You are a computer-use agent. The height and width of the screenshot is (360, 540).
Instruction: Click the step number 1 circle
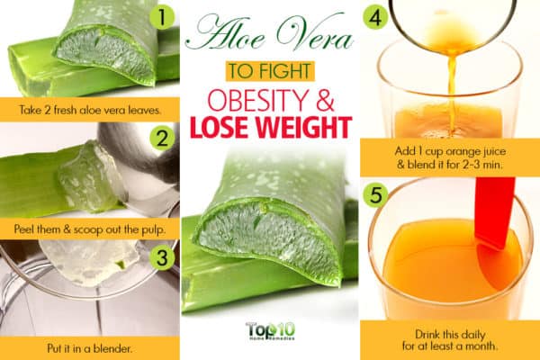[x=162, y=18]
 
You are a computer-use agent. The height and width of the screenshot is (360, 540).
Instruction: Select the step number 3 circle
[x=162, y=257]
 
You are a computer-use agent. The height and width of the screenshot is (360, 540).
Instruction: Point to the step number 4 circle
[x=375, y=18]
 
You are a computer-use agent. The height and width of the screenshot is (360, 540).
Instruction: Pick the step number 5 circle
[x=375, y=195]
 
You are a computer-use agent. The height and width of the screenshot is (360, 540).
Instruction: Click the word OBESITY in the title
[x=256, y=100]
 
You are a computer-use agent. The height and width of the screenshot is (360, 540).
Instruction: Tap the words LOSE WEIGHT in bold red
[x=271, y=128]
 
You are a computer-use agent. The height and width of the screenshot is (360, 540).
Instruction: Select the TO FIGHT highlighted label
[x=270, y=71]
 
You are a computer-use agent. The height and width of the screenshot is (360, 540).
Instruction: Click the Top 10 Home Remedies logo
[x=270, y=331]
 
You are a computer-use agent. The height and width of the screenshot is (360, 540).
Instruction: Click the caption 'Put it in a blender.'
[x=89, y=348]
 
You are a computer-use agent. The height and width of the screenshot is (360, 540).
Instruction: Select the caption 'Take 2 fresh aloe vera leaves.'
[x=90, y=110]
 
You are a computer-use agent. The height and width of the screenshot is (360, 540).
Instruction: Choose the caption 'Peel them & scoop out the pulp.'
[x=89, y=229]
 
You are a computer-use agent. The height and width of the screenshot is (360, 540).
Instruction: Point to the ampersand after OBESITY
[x=325, y=101]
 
